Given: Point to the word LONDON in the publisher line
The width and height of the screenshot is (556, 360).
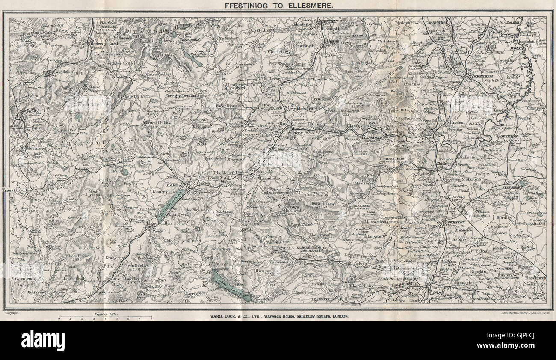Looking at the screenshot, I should click(x=339, y=316).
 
